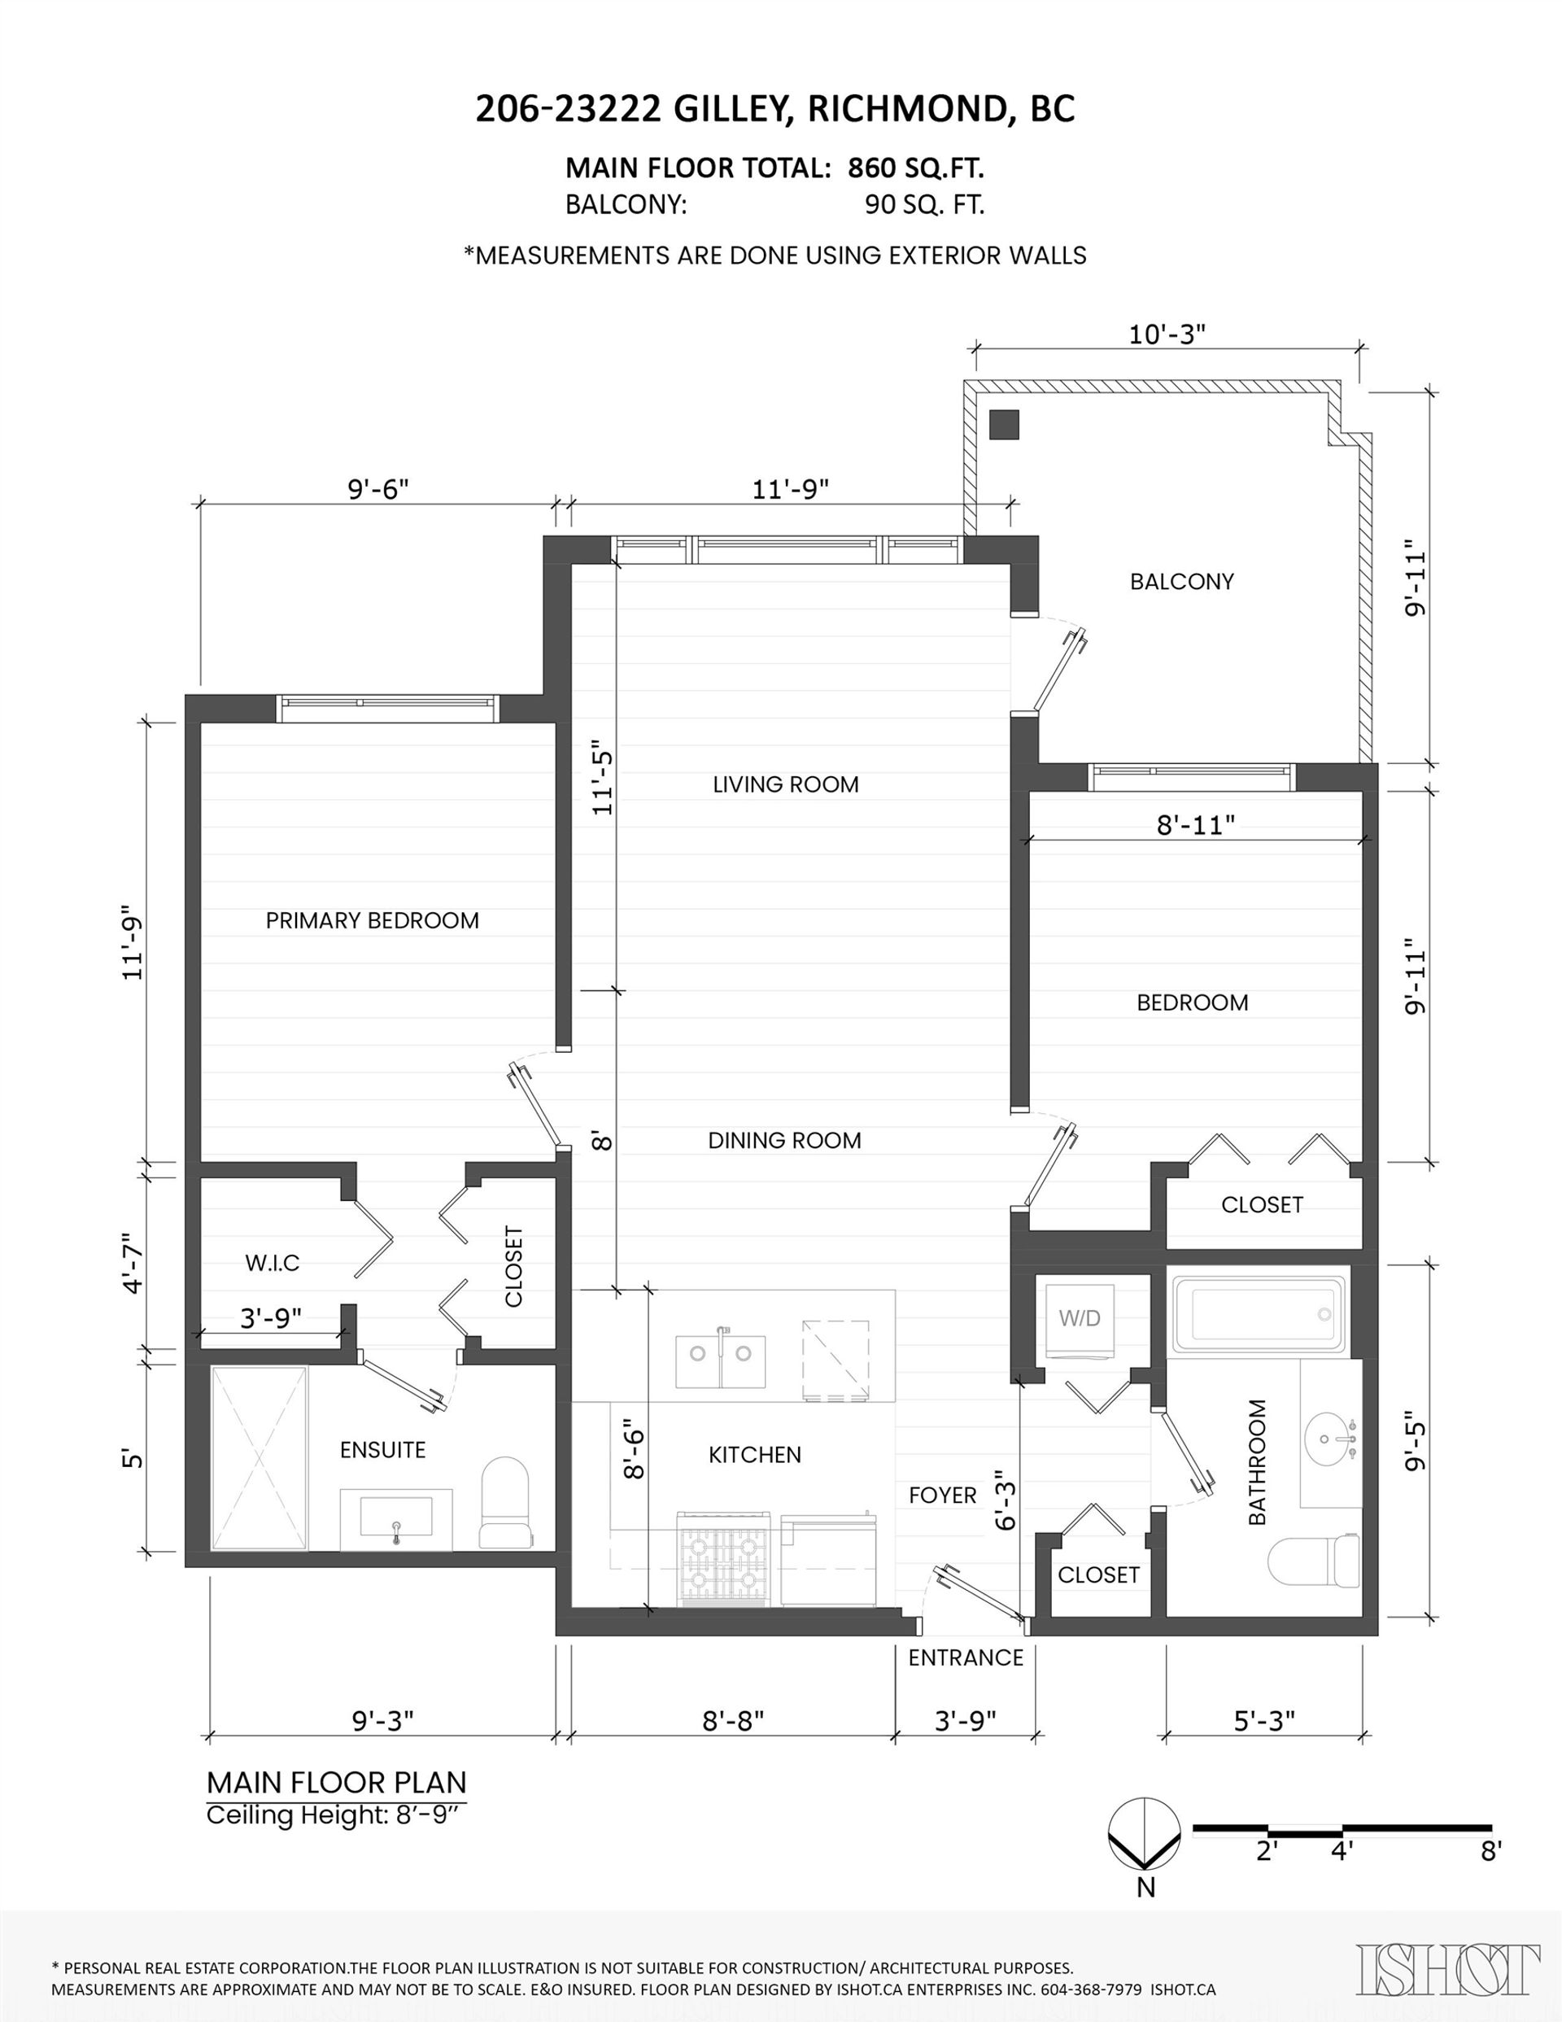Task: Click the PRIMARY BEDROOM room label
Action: [x=373, y=920]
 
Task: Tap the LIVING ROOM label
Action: [x=786, y=784]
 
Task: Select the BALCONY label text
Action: [x=1182, y=582]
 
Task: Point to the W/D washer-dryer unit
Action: [x=1080, y=1318]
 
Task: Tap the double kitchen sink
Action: [x=720, y=1361]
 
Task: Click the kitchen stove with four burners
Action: [x=725, y=1559]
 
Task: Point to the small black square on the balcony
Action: [x=1005, y=425]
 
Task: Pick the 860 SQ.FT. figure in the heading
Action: [x=916, y=168]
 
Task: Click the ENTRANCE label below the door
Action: [x=966, y=1657]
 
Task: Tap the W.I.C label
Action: [x=273, y=1263]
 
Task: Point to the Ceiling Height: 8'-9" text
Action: [x=334, y=1815]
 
